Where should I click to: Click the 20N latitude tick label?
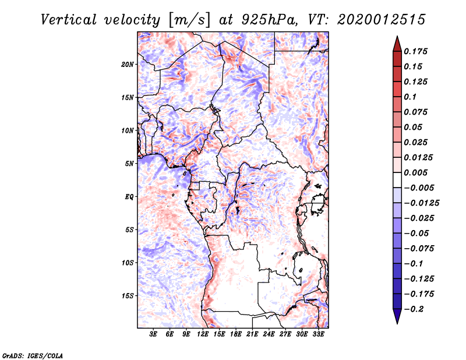tap(128, 64)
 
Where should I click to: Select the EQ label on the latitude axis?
tap(129, 197)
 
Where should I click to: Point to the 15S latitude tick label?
tap(128, 296)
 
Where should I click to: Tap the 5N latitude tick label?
tap(129, 164)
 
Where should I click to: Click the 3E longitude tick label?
tap(154, 335)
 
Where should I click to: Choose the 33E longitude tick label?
tap(319, 335)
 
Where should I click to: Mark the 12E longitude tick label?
tap(203, 335)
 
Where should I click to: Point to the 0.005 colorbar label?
tap(416, 173)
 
